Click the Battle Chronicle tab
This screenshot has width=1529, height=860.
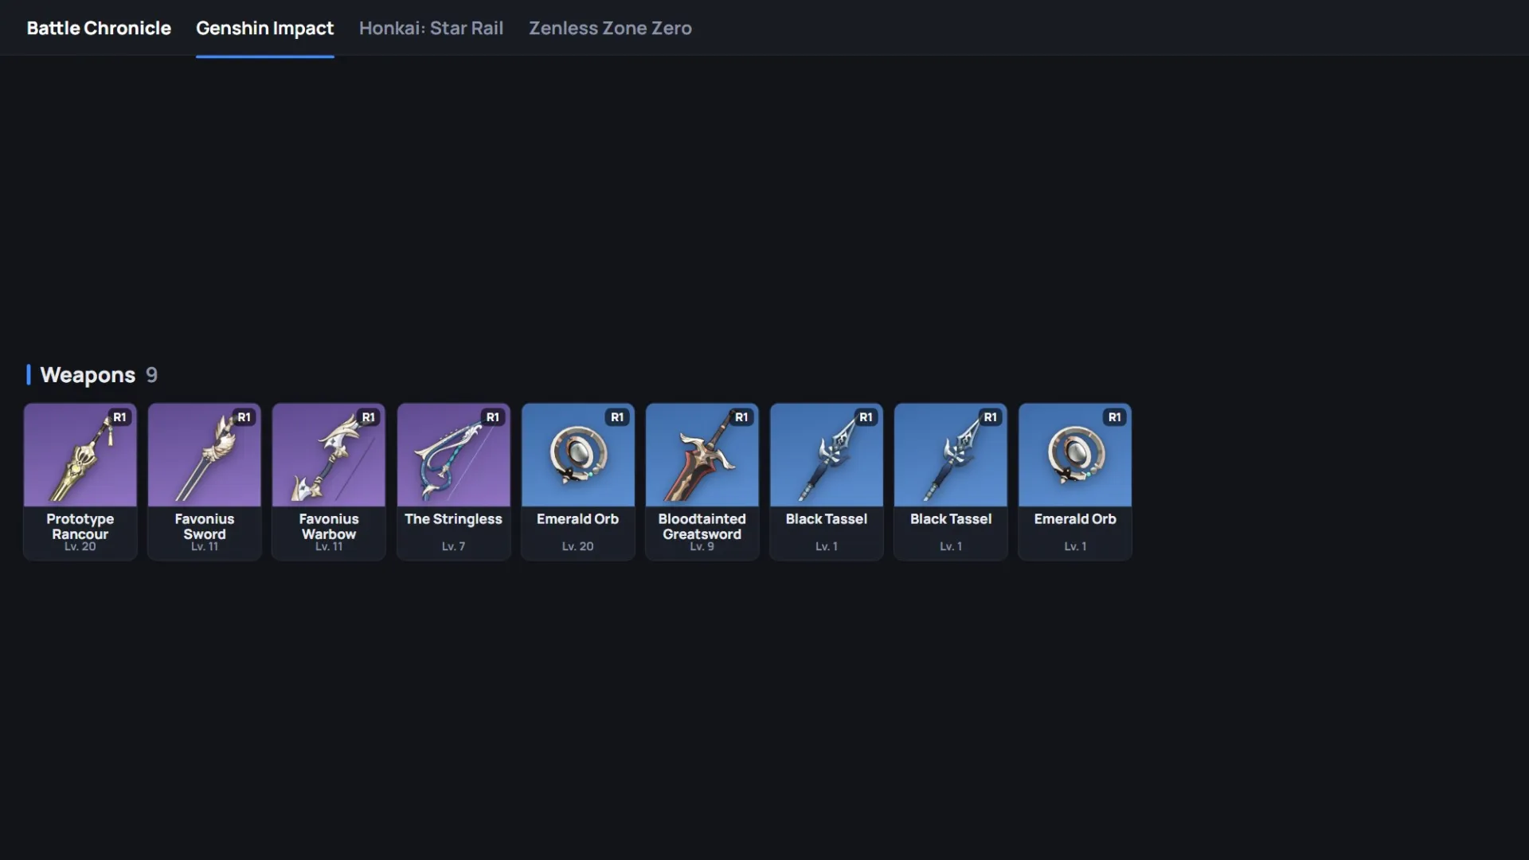(x=99, y=28)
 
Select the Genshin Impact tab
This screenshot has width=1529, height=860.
(x=264, y=29)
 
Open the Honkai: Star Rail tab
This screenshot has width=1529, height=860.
(x=431, y=28)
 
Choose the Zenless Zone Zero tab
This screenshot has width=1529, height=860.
(x=610, y=28)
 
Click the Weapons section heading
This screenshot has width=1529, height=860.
(x=88, y=375)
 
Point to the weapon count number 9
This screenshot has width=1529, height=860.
(x=151, y=374)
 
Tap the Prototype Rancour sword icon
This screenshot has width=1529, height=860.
(x=80, y=455)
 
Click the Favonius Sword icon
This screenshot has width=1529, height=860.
(x=205, y=455)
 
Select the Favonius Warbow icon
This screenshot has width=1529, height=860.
(x=329, y=455)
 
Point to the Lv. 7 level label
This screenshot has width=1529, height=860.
(x=453, y=546)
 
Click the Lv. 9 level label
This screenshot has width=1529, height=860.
(x=702, y=546)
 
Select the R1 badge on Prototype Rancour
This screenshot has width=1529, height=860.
(x=119, y=417)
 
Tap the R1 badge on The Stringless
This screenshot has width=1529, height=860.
(x=493, y=417)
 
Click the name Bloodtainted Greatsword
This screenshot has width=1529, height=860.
(x=702, y=526)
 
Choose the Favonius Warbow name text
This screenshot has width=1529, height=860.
(x=329, y=526)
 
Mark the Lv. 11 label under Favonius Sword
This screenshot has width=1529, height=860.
(x=205, y=546)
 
